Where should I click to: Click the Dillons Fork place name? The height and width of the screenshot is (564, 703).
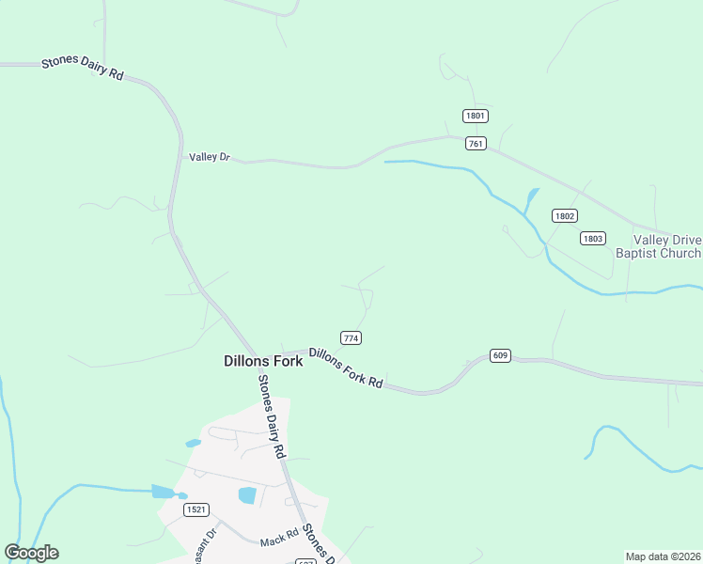(263, 361)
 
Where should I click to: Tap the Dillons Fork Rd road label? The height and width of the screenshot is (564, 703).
(346, 368)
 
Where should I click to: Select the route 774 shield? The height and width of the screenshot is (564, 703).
(351, 337)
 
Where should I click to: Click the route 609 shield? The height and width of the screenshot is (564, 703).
(500, 355)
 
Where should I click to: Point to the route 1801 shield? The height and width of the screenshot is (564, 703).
(476, 116)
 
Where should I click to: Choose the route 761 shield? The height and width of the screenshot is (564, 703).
(476, 143)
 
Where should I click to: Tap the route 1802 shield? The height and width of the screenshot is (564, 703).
(564, 215)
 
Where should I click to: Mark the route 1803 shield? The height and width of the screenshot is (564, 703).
(592, 238)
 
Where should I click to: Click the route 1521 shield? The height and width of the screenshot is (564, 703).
(196, 509)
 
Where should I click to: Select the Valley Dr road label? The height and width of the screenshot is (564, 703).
(210, 157)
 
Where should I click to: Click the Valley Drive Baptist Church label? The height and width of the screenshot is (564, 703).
(659, 246)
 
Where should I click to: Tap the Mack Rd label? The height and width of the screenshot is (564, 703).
(279, 541)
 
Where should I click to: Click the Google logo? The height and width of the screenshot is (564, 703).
(32, 553)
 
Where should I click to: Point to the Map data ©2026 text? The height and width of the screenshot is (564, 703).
(664, 556)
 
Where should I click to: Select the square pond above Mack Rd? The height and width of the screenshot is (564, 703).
(247, 494)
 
